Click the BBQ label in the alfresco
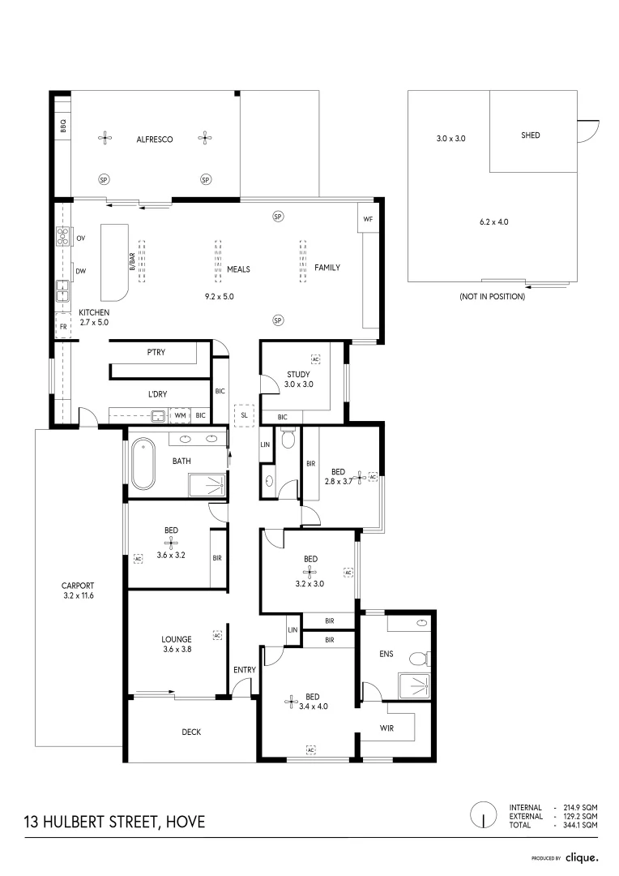coord(63,124)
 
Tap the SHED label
coord(530,135)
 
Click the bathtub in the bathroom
coord(143,464)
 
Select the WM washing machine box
coord(180,415)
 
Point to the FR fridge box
coord(63,327)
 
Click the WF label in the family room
coord(368,219)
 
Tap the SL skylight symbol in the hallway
coord(244,415)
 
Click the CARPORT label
coord(78,586)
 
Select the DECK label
coord(191,732)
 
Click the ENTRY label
coord(245,670)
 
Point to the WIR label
coord(386,728)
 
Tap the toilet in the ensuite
coord(420,659)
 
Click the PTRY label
coord(156,352)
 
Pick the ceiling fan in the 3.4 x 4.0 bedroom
coord(291,702)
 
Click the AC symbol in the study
coord(315,359)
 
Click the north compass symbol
coord(484,816)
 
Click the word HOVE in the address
coord(186,822)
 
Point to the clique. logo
coord(582,857)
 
